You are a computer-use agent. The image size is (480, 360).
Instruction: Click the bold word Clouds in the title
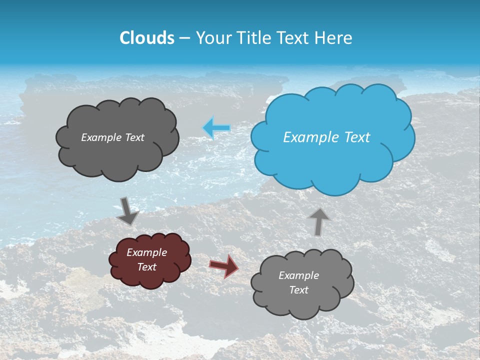pyautogui.click(x=147, y=38)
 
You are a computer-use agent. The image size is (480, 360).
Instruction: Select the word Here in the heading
pyautogui.click(x=334, y=38)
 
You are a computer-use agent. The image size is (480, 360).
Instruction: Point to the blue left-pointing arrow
pyautogui.click(x=216, y=128)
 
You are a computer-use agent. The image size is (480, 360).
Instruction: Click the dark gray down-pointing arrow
pyautogui.click(x=128, y=210)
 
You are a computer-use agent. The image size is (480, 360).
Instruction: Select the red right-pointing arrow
pyautogui.click(x=224, y=266)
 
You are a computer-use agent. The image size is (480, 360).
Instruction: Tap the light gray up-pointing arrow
pyautogui.click(x=318, y=221)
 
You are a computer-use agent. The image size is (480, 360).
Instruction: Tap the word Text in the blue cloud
pyautogui.click(x=357, y=137)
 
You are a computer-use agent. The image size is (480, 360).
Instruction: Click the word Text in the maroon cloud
pyautogui.click(x=147, y=267)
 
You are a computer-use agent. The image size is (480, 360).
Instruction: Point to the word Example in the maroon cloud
pyautogui.click(x=147, y=252)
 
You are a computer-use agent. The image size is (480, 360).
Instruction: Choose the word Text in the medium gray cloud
pyautogui.click(x=299, y=290)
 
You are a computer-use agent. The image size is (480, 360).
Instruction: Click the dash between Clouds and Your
pyautogui.click(x=184, y=38)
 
